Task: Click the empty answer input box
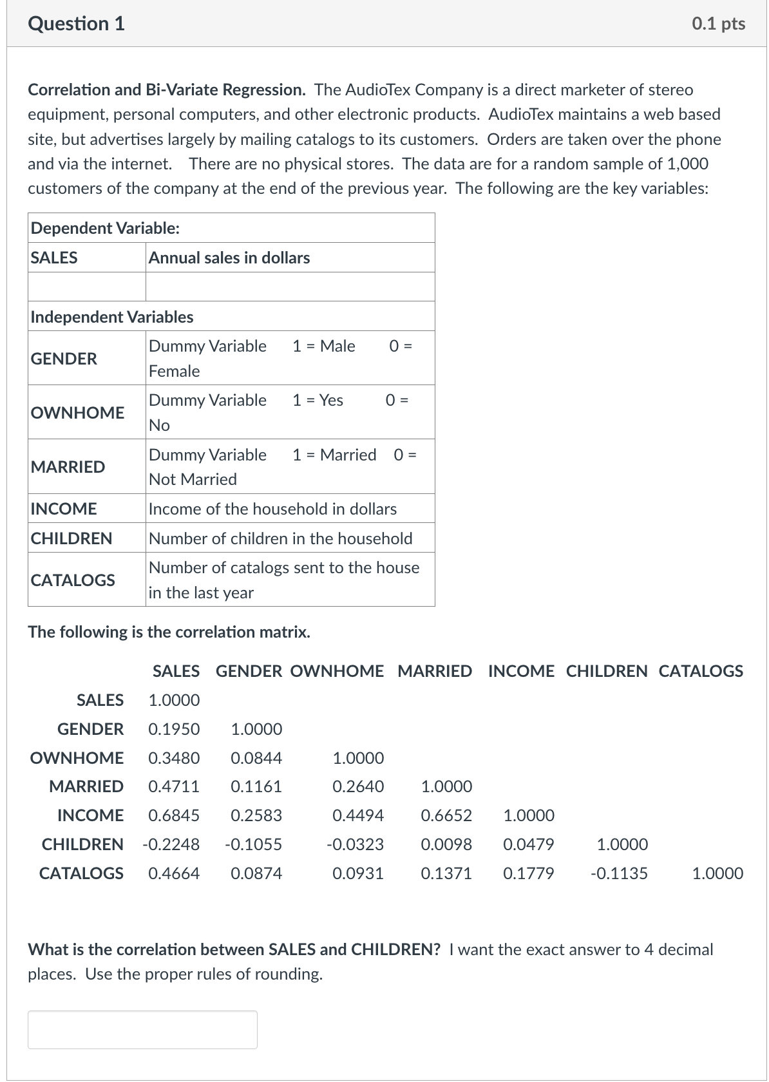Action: (x=142, y=1029)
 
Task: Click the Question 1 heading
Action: (x=77, y=24)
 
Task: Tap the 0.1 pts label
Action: (x=719, y=24)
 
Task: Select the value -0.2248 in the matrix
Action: (x=171, y=844)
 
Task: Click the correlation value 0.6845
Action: (x=174, y=815)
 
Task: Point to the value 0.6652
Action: (x=446, y=815)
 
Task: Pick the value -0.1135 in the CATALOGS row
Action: (x=620, y=873)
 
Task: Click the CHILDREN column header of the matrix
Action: (x=607, y=671)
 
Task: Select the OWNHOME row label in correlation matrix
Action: (x=77, y=758)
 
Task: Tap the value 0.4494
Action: (x=358, y=815)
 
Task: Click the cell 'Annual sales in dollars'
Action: (x=229, y=258)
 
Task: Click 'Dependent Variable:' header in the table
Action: (x=106, y=228)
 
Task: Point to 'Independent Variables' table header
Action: (x=112, y=317)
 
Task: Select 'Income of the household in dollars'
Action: (x=272, y=509)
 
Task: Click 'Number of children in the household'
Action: (x=280, y=538)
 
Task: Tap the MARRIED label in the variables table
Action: (x=68, y=467)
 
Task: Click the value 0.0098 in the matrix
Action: (x=446, y=844)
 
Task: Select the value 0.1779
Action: (x=528, y=873)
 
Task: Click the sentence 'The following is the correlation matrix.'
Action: (x=169, y=632)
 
